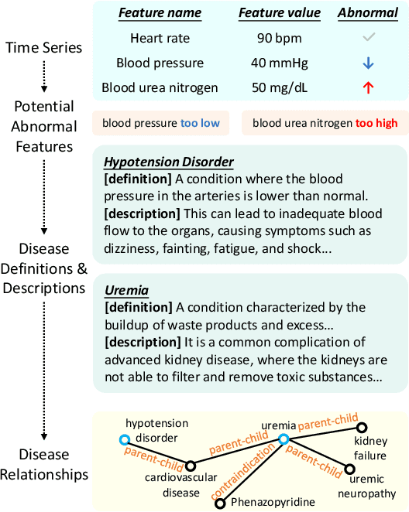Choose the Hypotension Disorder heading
pyautogui.click(x=169, y=162)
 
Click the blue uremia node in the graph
pyautogui.click(x=284, y=439)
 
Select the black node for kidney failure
pyautogui.click(x=362, y=427)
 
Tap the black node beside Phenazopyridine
pyautogui.click(x=220, y=503)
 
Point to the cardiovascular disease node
pyautogui.click(x=190, y=466)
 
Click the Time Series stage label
pyautogui.click(x=43, y=48)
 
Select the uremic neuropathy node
pyautogui.click(x=350, y=469)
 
